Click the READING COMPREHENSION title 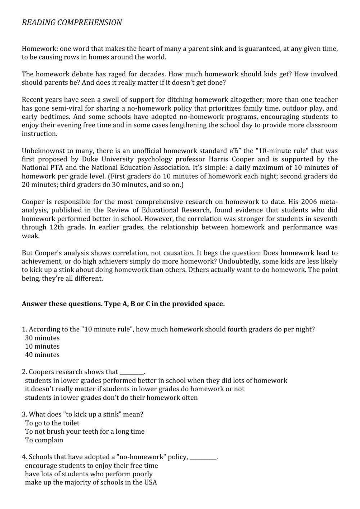pyautogui.click(x=72, y=22)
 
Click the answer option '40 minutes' pyautogui.click(x=42, y=355)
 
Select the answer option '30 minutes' pyautogui.click(x=42, y=338)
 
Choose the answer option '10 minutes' pyautogui.click(x=42, y=346)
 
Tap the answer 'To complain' pyautogui.click(x=44, y=440)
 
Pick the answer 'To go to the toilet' pyautogui.click(x=52, y=423)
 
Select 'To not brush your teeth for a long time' pyautogui.click(x=85, y=432)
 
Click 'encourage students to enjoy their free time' pyautogui.click(x=91, y=466)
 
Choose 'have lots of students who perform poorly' pyautogui.click(x=89, y=474)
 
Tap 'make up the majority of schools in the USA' pyautogui.click(x=91, y=483)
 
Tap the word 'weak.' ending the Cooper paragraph pyautogui.click(x=31, y=236)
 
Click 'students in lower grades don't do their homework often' pyautogui.click(x=111, y=398)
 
